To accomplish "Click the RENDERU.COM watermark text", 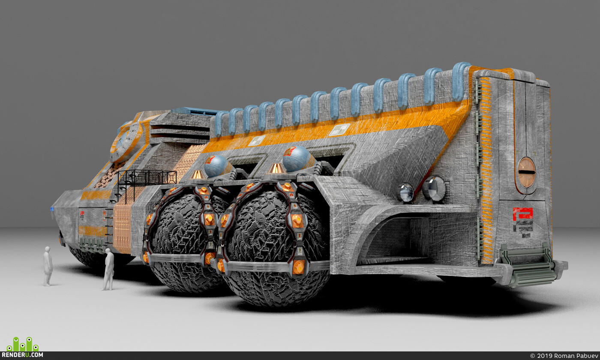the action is coord(22,355).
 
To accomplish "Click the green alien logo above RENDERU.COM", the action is coord(23,344).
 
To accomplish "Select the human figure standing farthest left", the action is coord(48,266).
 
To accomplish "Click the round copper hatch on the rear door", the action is coord(526,172).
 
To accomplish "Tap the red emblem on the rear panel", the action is coord(522,214).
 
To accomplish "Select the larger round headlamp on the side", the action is coord(434,189).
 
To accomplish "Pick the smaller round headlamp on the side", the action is coord(405,192).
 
